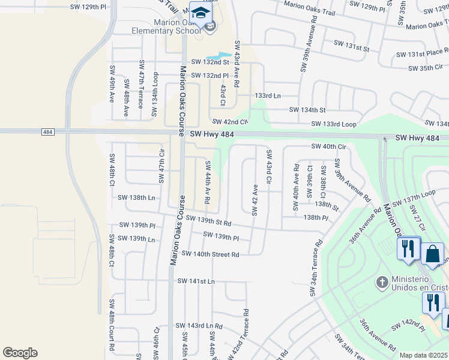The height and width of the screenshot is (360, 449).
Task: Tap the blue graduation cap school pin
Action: click(x=200, y=12)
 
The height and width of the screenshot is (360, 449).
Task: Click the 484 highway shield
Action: click(x=49, y=131)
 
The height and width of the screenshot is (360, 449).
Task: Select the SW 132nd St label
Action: click(x=210, y=62)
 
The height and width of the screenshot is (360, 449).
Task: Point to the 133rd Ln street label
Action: click(x=268, y=95)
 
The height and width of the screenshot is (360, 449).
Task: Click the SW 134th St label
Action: click(x=307, y=110)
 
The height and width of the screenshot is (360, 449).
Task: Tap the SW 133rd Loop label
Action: click(x=333, y=124)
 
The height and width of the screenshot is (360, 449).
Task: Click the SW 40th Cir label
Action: click(x=329, y=146)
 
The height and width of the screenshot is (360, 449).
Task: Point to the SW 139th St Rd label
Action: click(x=208, y=220)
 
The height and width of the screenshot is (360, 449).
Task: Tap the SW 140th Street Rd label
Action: click(x=210, y=254)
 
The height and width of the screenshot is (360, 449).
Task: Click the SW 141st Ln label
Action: click(x=196, y=281)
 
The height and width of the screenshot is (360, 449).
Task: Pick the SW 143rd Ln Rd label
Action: click(x=199, y=326)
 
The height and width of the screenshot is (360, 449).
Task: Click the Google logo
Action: click(x=20, y=353)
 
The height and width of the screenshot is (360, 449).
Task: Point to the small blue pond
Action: click(x=221, y=53)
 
